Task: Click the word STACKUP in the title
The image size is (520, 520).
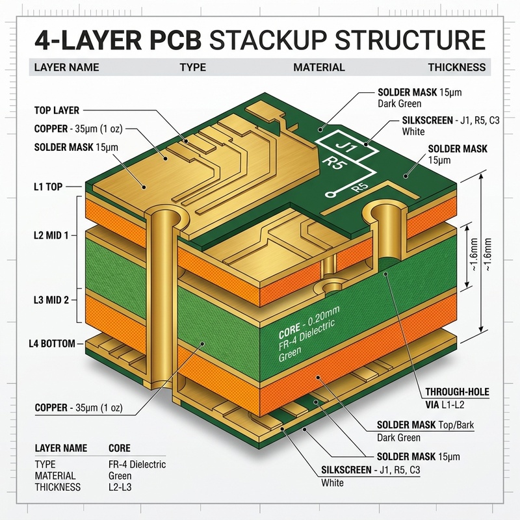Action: (268, 40)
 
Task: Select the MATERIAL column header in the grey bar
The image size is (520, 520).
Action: (319, 68)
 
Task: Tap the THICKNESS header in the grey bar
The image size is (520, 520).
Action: (457, 68)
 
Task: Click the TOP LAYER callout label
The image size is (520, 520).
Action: (57, 110)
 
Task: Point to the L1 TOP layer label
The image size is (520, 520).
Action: (48, 187)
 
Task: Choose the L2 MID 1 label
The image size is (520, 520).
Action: (51, 235)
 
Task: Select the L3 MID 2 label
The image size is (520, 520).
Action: (51, 300)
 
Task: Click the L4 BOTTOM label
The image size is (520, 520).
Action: (52, 343)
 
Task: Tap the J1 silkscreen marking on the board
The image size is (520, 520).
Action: (346, 146)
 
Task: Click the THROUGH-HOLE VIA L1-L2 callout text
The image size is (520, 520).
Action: (458, 398)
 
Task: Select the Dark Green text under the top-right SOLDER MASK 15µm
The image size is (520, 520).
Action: (399, 104)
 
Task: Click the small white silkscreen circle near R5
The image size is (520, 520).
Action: (329, 194)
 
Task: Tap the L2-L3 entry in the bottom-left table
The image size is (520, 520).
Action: (120, 487)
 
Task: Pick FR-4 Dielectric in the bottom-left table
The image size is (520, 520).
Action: (137, 464)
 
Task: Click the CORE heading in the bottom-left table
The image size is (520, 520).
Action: (120, 448)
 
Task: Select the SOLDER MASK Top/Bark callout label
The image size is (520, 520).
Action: (425, 425)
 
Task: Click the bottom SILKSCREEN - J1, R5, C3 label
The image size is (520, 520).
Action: (370, 470)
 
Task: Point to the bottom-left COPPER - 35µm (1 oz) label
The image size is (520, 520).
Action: (79, 408)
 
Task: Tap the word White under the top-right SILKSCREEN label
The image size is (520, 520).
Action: (413, 132)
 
